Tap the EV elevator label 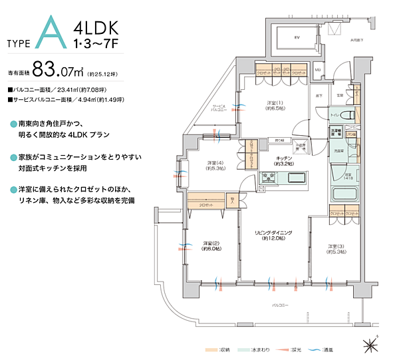click(297, 39)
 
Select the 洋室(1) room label click(277, 105)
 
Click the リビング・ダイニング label click(273, 236)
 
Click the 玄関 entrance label click(338, 95)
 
